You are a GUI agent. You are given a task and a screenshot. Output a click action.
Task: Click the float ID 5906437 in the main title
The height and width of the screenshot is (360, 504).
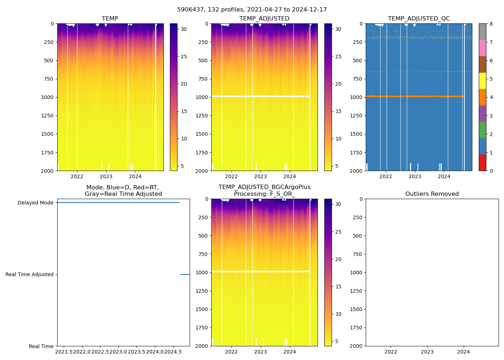click(189, 10)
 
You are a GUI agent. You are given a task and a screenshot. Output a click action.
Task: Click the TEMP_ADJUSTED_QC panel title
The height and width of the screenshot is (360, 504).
click(419, 19)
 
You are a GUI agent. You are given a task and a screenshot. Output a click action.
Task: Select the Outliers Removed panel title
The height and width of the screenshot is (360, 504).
click(432, 194)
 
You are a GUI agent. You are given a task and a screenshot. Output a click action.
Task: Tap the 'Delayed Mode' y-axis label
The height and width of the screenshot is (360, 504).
click(35, 203)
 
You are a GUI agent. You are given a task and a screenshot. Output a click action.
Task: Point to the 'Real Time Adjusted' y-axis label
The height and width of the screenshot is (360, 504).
click(29, 274)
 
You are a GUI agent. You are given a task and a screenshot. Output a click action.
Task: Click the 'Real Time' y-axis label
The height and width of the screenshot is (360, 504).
click(41, 346)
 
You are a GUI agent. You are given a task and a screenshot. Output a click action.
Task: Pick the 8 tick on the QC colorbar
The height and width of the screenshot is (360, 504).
click(491, 24)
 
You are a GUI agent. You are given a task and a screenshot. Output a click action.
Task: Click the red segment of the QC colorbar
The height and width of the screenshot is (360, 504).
click(482, 162)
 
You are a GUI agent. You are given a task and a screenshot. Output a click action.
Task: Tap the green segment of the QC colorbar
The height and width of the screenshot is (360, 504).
click(482, 130)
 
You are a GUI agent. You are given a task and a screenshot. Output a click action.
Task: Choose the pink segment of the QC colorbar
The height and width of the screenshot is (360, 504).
click(482, 48)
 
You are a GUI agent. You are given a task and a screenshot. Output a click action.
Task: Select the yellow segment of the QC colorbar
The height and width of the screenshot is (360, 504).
click(482, 81)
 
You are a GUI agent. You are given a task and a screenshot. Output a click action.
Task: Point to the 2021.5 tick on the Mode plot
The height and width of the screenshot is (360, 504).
click(64, 352)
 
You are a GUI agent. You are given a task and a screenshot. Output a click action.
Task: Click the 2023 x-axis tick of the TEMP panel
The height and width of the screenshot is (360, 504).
click(106, 176)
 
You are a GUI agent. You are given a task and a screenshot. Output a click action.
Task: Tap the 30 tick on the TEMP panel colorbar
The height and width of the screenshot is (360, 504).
click(184, 29)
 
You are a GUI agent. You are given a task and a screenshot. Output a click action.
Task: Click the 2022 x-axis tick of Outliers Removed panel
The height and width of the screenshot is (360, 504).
click(391, 352)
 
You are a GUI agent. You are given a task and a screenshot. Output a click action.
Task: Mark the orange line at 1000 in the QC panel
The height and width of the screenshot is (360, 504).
click(414, 96)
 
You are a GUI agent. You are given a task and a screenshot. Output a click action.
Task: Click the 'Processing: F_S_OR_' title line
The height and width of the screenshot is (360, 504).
click(264, 194)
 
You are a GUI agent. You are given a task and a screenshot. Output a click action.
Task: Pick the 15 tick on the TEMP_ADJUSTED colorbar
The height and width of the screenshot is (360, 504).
click(338, 111)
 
